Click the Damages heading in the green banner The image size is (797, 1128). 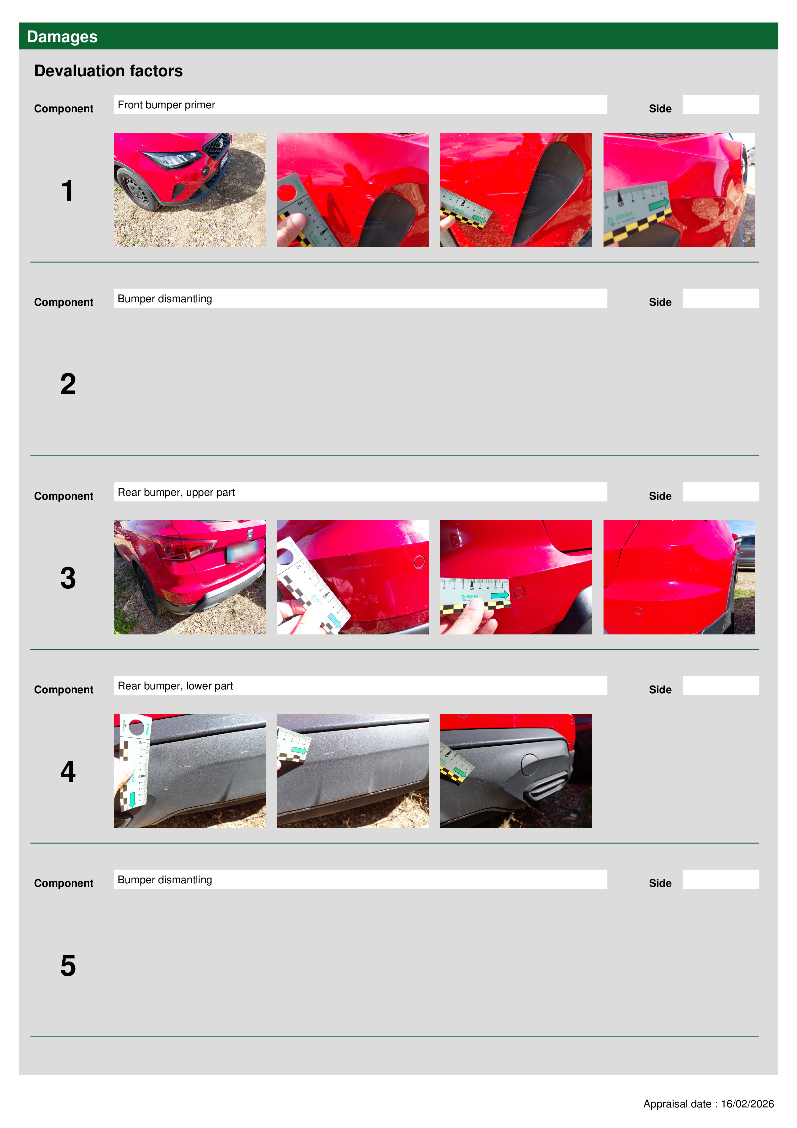tap(62, 37)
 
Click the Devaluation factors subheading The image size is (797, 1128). tap(109, 71)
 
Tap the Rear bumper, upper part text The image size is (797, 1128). tap(176, 492)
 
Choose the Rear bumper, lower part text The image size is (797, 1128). tap(175, 686)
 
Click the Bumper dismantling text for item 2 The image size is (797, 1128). tap(165, 299)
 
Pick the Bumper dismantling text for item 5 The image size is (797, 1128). tap(165, 879)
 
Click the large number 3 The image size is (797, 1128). tap(68, 578)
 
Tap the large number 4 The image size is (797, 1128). tap(68, 771)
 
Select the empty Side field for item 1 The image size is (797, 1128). tap(721, 105)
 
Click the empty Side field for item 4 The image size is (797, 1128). tap(721, 685)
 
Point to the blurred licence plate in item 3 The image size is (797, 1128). tap(244, 551)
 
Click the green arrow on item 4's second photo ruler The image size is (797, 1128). tap(299, 751)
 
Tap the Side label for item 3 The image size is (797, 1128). tap(660, 496)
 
